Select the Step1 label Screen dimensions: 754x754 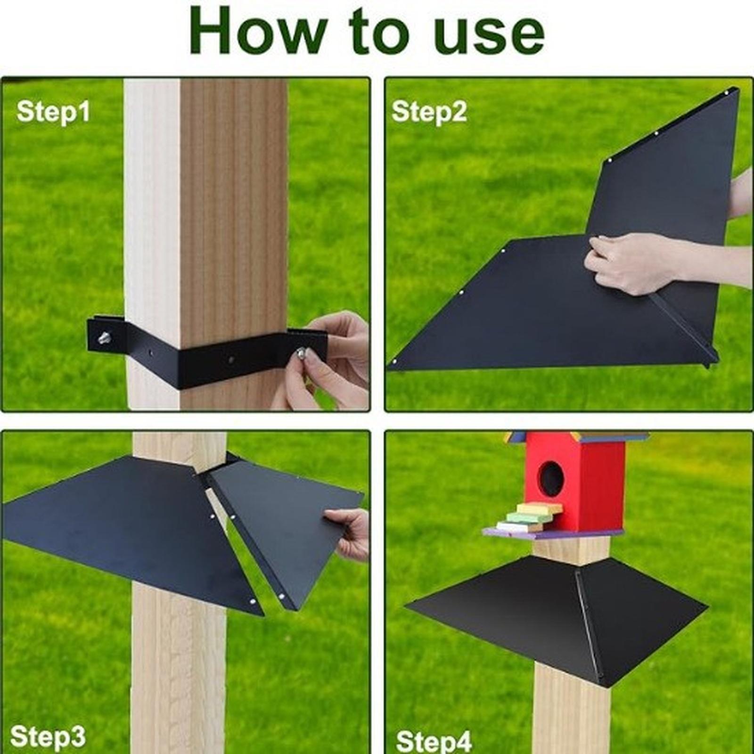click(x=53, y=113)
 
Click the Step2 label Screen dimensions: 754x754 click(x=429, y=113)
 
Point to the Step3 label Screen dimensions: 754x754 click(x=48, y=737)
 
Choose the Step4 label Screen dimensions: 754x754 click(x=434, y=741)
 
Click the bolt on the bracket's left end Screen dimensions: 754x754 click(x=104, y=337)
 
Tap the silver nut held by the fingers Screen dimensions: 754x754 click(x=300, y=352)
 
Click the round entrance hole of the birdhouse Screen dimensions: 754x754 click(x=551, y=478)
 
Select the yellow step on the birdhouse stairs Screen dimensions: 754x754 click(x=539, y=508)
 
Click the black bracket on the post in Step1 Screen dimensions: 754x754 click(x=207, y=351)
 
